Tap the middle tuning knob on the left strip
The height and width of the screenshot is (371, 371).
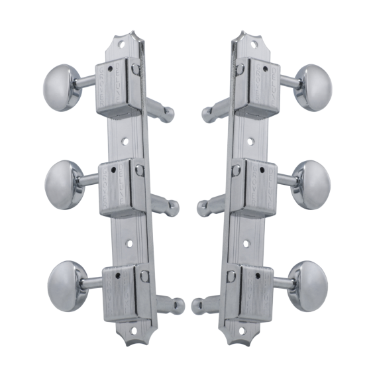tap(62, 183)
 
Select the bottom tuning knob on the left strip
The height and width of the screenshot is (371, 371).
tap(65, 285)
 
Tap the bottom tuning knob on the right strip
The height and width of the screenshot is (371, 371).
tap(307, 285)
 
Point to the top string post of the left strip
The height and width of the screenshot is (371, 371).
tap(162, 111)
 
